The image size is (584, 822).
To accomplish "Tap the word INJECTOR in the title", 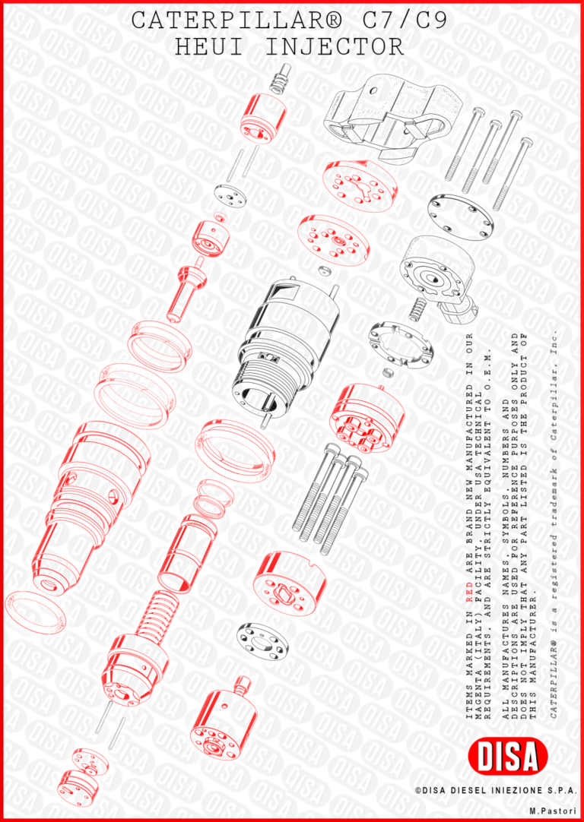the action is tap(336, 47).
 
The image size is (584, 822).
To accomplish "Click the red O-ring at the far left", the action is tap(38, 612).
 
